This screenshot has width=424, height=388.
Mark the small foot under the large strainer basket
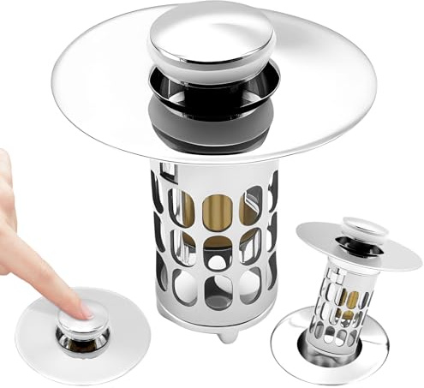pyautogui.click(x=224, y=335)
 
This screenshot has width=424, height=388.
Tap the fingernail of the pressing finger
pyautogui.click(x=86, y=306)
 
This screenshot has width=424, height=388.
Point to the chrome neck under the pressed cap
pyautogui.click(x=83, y=337)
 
